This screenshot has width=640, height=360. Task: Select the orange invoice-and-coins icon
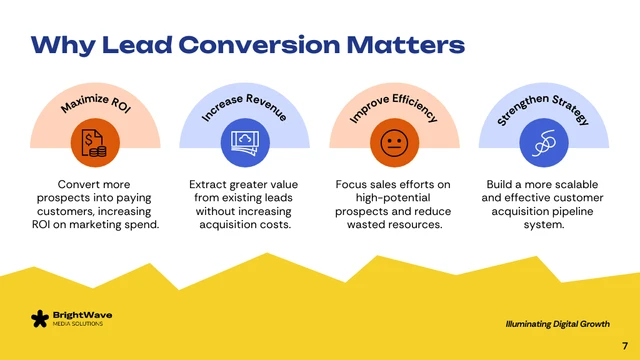[x=95, y=146]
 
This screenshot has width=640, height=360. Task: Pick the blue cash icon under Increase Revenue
[x=244, y=146]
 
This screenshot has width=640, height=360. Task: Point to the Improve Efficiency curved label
[x=394, y=105]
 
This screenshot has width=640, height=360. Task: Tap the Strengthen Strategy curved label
[x=543, y=105]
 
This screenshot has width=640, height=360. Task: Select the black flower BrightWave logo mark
[x=39, y=319]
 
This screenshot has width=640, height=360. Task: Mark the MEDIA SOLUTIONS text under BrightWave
[x=80, y=325]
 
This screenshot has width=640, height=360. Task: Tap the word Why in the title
[x=58, y=45]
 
